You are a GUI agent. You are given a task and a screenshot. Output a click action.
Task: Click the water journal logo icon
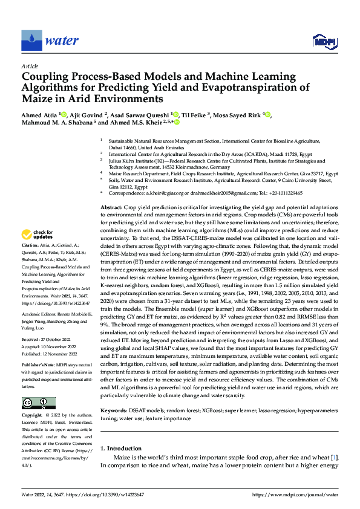31,41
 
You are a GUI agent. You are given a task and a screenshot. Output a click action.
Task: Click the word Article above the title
30,66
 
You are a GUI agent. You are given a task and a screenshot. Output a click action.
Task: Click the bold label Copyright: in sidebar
33,416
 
